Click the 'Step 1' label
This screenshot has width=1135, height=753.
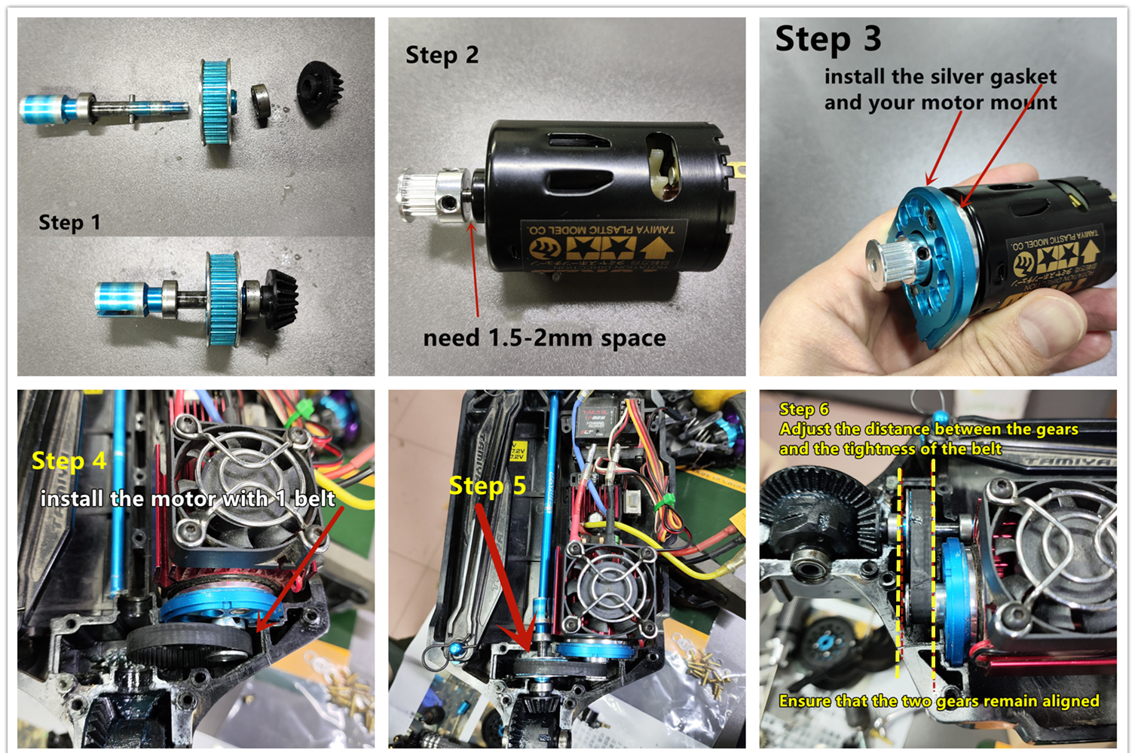69,223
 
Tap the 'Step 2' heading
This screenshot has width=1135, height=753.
442,55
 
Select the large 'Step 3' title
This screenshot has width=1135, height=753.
828,39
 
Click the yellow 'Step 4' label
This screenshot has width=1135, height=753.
69,461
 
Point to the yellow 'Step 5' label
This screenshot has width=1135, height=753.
487,486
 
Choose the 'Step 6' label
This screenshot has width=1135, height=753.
803,409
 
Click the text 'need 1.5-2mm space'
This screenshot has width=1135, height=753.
544,338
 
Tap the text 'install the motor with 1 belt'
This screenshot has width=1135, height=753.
188,498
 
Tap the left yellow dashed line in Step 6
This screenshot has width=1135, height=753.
899,572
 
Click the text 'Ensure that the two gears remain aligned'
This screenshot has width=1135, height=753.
938,701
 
